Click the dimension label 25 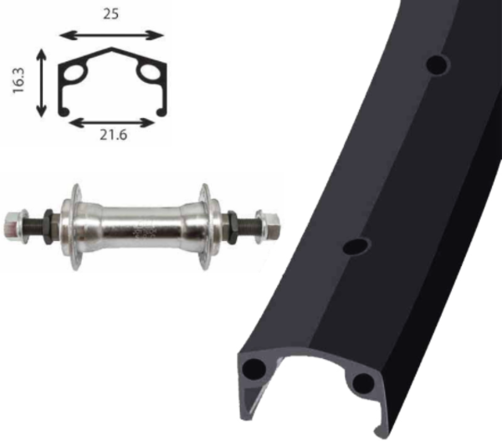pyautogui.click(x=110, y=14)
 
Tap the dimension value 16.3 pyautogui.click(x=18, y=80)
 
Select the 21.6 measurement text pyautogui.click(x=113, y=136)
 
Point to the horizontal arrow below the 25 pyautogui.click(x=111, y=35)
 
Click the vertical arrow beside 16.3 pyautogui.click(x=41, y=83)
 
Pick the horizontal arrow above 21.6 pyautogui.click(x=112, y=123)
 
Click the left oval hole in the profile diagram pyautogui.click(x=74, y=74)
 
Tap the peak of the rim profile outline pyautogui.click(x=111, y=48)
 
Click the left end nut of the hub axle pyautogui.click(x=13, y=226)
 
